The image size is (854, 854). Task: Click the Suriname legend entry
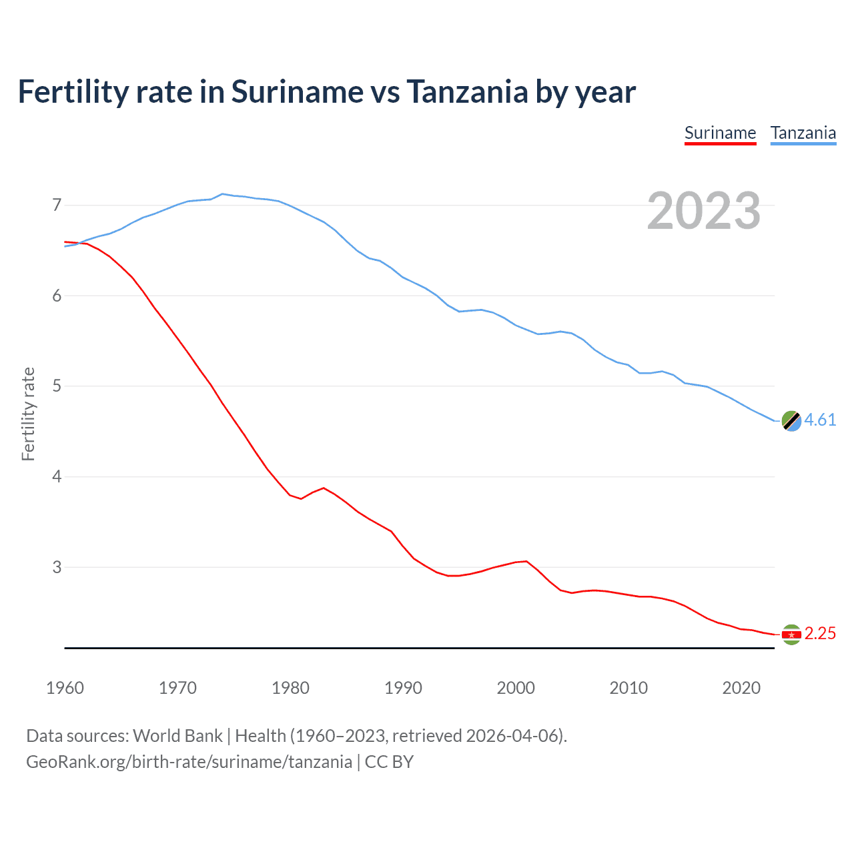(x=720, y=133)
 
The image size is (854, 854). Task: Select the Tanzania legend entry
(x=803, y=133)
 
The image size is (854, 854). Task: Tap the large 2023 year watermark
(x=704, y=211)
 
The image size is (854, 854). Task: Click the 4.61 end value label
(x=820, y=420)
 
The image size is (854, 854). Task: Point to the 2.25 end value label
(x=820, y=633)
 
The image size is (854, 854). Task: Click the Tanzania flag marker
(x=791, y=421)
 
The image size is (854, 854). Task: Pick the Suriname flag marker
(x=791, y=634)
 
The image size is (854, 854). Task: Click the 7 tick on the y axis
(x=57, y=205)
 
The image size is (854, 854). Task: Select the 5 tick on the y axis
(x=57, y=386)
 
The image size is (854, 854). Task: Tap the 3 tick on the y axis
(x=57, y=567)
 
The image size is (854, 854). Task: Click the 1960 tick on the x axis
(x=65, y=688)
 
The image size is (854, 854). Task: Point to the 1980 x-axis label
(x=290, y=688)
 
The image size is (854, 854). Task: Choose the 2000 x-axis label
(x=516, y=688)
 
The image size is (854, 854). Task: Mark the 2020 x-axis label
(x=741, y=688)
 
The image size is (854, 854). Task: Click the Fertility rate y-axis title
(x=28, y=414)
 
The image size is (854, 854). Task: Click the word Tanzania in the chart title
(x=467, y=91)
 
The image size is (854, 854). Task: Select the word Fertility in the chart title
(x=72, y=91)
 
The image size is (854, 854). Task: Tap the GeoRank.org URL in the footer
(x=189, y=762)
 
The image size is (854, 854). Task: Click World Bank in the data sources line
(x=177, y=736)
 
